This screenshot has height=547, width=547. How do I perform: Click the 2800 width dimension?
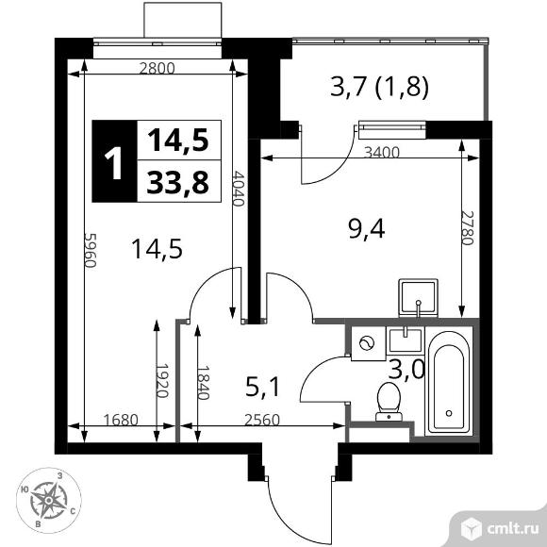[157, 68]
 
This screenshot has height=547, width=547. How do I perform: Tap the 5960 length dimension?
[90, 250]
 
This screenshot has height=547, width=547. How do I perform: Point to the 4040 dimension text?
[238, 189]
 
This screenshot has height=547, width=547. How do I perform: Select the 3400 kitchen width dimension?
[381, 153]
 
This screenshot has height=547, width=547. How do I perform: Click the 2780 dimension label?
[468, 228]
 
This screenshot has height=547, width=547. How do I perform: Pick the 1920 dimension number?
[162, 381]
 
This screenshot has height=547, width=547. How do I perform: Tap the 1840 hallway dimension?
[203, 382]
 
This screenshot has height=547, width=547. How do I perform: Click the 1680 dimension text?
[122, 420]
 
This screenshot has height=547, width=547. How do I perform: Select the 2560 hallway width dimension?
[262, 420]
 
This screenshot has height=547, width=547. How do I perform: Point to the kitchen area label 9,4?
[366, 230]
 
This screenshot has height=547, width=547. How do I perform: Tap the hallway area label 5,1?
[262, 388]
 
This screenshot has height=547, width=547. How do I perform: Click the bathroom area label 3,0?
[406, 369]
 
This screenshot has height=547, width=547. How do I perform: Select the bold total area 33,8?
[178, 182]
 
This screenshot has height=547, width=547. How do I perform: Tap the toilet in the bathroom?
[389, 402]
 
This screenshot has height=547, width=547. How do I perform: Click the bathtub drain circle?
[449, 413]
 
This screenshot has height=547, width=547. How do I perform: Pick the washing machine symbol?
[368, 343]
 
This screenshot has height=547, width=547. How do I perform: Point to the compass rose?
[49, 500]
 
